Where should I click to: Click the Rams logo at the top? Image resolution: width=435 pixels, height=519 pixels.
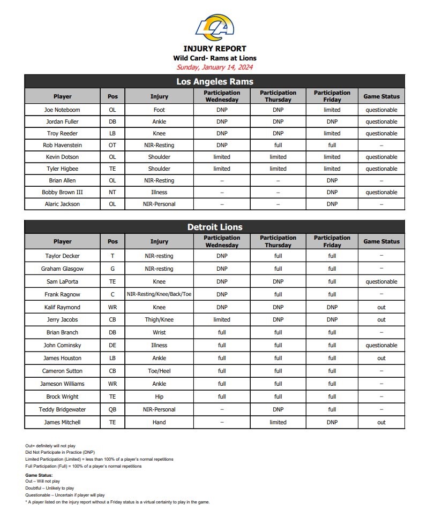tap(214, 27)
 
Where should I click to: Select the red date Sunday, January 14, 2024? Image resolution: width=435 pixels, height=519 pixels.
tap(214, 67)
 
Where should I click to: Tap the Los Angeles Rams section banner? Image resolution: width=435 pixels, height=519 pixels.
tap(214, 81)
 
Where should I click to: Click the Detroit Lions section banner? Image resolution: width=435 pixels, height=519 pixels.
tap(214, 227)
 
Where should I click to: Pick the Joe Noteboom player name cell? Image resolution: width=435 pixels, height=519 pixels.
tap(62, 110)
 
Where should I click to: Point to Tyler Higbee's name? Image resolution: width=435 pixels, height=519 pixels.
tap(62, 169)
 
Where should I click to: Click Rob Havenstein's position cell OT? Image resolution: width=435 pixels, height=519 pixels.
tap(112, 145)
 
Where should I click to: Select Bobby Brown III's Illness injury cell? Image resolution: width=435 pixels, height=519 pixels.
tap(159, 192)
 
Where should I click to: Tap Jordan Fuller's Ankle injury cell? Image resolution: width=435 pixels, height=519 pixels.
tap(159, 121)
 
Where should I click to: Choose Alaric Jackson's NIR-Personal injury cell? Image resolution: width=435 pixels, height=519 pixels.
tap(159, 204)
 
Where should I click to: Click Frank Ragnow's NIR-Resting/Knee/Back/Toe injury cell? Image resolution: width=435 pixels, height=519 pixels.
tap(159, 294)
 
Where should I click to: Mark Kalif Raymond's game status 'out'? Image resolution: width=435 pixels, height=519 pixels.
tap(381, 307)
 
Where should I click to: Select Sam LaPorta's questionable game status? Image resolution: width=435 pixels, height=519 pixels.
tap(381, 281)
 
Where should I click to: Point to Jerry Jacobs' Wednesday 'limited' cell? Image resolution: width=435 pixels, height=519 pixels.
tap(222, 319)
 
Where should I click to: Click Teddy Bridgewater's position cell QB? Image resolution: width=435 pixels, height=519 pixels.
tap(112, 409)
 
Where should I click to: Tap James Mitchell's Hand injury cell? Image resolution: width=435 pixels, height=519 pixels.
tap(159, 422)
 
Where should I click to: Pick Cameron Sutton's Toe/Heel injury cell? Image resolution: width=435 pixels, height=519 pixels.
tap(159, 371)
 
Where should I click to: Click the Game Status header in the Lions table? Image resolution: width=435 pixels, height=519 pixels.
tap(381, 241)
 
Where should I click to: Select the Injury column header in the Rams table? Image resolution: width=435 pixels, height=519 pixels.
tap(159, 96)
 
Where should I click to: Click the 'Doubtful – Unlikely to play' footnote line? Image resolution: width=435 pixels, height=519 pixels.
tap(49, 488)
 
